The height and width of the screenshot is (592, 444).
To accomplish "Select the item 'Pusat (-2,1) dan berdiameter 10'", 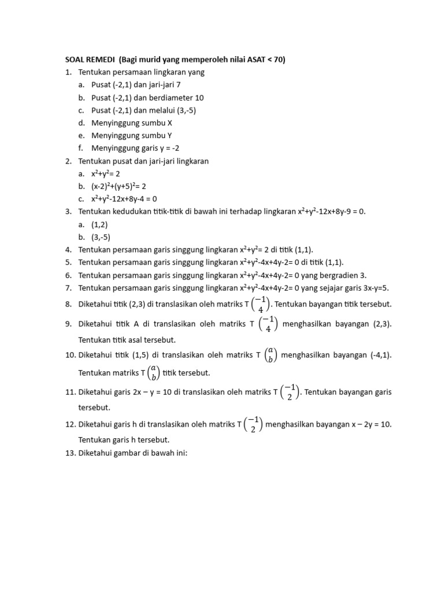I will [147, 98].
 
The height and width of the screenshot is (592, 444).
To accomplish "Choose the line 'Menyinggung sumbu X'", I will [132, 123].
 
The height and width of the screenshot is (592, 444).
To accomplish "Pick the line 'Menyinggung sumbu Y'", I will [132, 136].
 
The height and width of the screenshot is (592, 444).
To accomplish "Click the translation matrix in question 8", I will [262, 304].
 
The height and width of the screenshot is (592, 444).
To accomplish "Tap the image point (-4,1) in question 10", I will [376, 354].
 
